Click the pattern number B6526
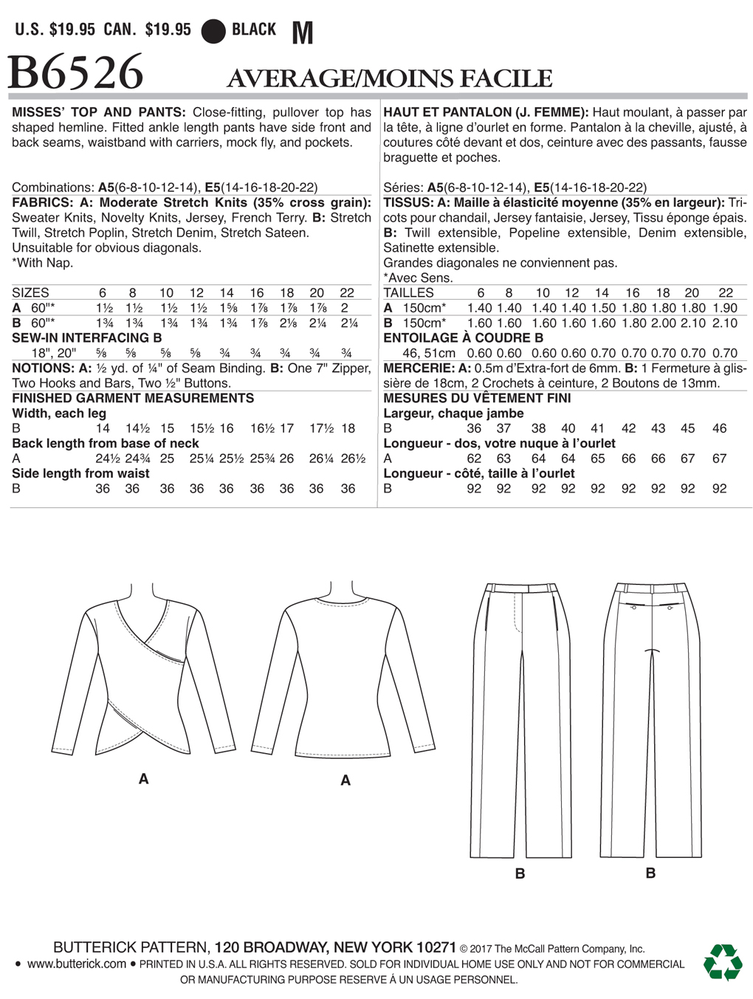pyautogui.click(x=75, y=73)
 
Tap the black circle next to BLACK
pyautogui.click(x=213, y=31)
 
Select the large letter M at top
pyautogui.click(x=303, y=32)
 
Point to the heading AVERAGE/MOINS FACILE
pyautogui.click(x=389, y=78)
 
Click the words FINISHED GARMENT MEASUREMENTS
pyautogui.click(x=133, y=398)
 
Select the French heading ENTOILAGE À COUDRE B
pyautogui.click(x=463, y=337)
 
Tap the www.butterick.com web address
pyautogui.click(x=77, y=964)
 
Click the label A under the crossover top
pyautogui.click(x=143, y=778)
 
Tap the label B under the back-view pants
pyautogui.click(x=650, y=873)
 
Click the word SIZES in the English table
pyautogui.click(x=30, y=292)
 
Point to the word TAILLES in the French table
pyautogui.click(x=408, y=292)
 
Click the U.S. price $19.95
pyautogui.click(x=72, y=30)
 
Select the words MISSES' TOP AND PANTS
pyautogui.click(x=98, y=112)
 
